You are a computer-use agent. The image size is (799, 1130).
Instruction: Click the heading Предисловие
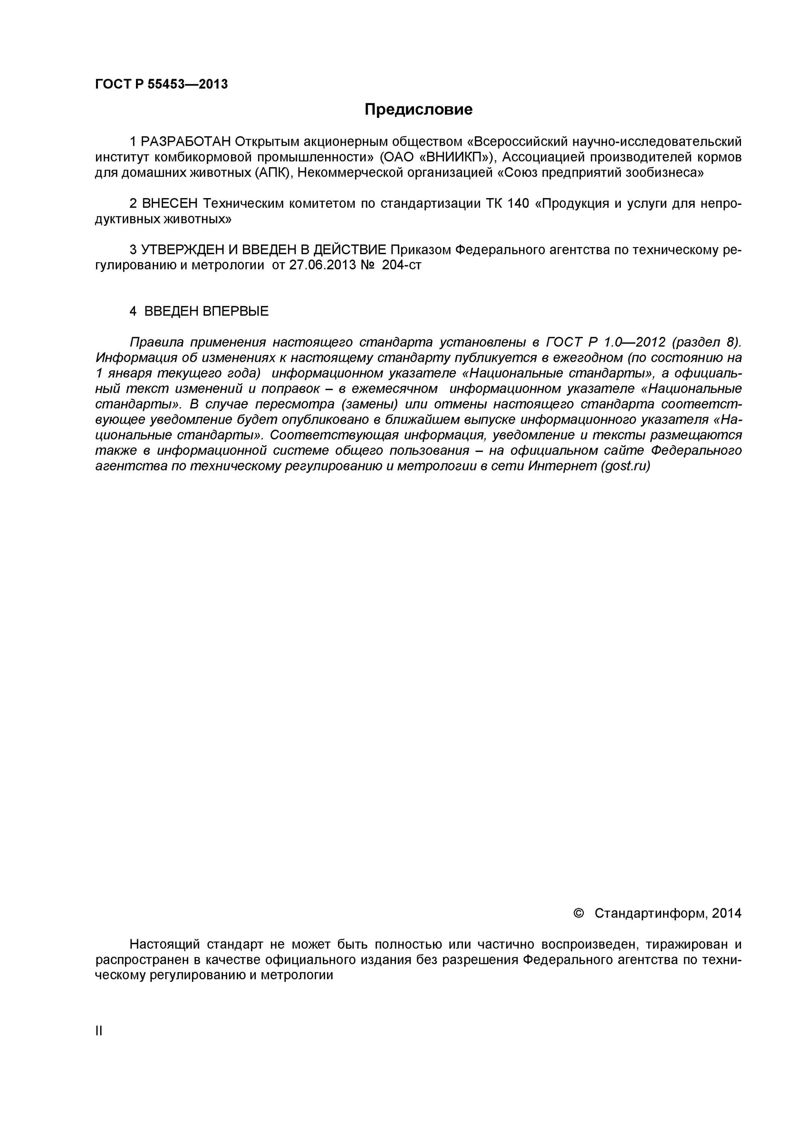tap(418, 109)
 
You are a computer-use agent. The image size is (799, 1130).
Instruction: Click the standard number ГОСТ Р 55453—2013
tap(162, 84)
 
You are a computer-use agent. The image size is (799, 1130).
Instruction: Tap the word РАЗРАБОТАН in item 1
tap(186, 142)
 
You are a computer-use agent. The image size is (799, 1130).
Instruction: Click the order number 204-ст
tap(402, 265)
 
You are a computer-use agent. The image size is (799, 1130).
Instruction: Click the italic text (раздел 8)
tap(706, 342)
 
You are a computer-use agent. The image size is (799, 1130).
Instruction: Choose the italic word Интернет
tap(563, 466)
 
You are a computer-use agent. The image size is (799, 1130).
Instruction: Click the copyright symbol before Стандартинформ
tap(579, 913)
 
